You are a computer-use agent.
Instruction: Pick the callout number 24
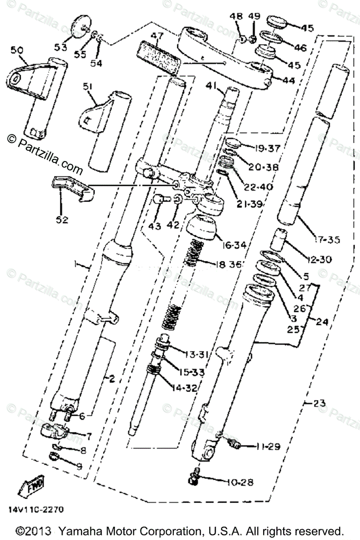322,322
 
